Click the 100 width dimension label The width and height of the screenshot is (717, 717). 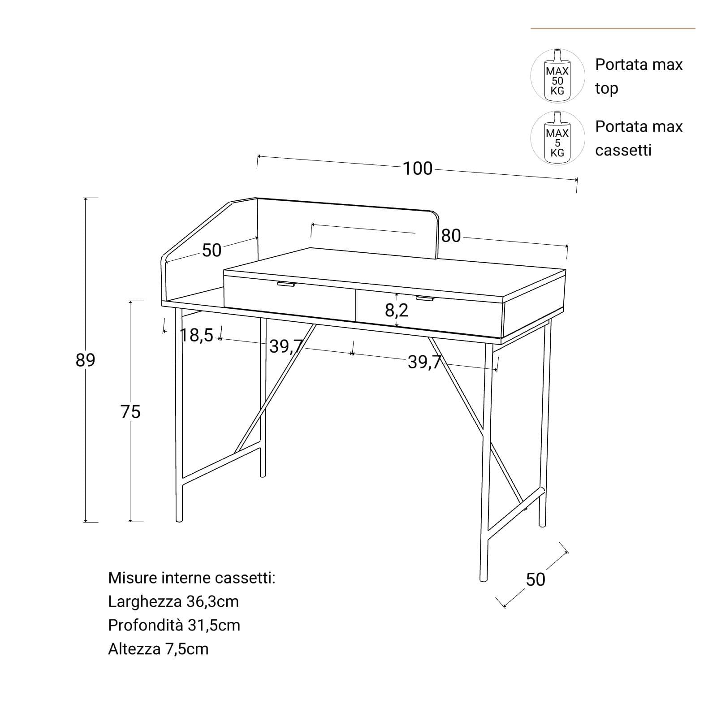(x=418, y=168)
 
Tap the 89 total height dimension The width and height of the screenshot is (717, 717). (x=85, y=360)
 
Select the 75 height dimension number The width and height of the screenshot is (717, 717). (x=130, y=411)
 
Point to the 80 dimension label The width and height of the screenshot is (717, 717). (x=451, y=236)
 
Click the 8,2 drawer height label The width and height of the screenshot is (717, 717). (x=397, y=310)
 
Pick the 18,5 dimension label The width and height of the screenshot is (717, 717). (x=197, y=335)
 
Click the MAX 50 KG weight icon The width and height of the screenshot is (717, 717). (x=557, y=76)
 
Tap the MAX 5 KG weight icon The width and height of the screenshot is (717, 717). (x=557, y=138)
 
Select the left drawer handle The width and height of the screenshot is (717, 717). (x=287, y=284)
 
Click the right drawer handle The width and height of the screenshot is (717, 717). (x=425, y=298)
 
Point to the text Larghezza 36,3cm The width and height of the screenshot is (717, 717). (x=173, y=601)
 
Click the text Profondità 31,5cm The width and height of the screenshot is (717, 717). (x=174, y=625)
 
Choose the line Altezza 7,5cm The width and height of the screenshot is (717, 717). (x=158, y=649)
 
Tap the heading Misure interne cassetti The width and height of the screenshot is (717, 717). (x=192, y=578)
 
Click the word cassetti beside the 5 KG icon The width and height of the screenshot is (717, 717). (x=623, y=150)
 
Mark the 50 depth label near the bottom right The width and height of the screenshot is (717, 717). (x=536, y=579)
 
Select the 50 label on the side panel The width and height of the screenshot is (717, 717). (x=212, y=251)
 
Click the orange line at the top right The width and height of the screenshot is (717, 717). (x=613, y=29)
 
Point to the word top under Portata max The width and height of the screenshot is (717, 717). (x=607, y=89)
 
